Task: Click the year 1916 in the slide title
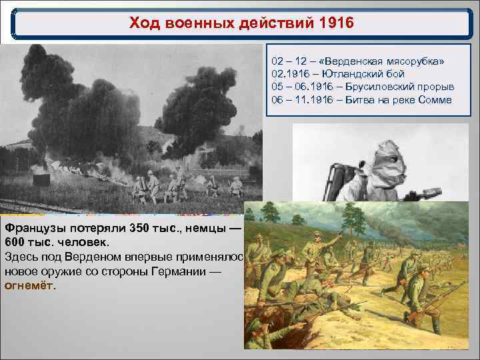click(334, 24)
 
